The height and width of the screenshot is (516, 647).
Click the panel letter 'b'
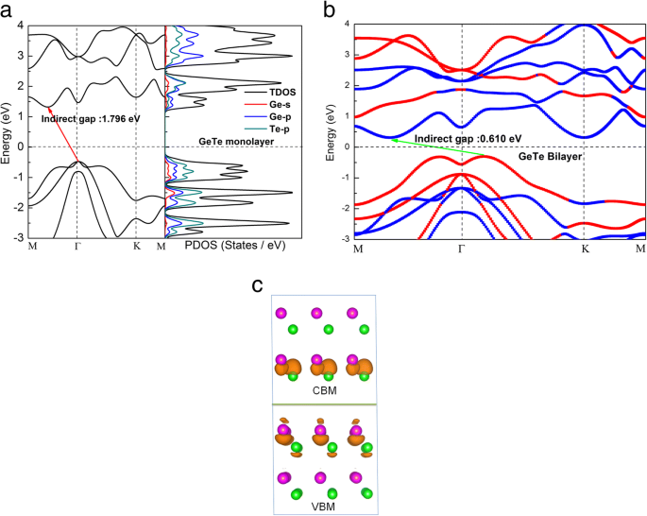(330, 10)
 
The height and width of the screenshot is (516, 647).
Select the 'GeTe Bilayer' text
(548, 155)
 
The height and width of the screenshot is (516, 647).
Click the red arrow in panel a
(63, 135)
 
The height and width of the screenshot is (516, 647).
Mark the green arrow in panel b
(438, 146)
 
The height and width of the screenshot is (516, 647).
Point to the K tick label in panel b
(585, 249)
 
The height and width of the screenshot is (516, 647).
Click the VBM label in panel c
(324, 507)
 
